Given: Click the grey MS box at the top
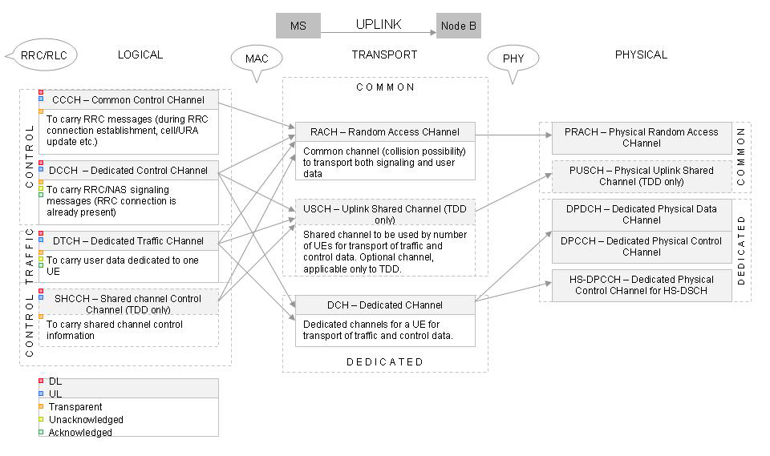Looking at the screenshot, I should [x=298, y=26].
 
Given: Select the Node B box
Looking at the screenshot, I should [x=459, y=26].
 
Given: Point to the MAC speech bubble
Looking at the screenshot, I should [x=257, y=59].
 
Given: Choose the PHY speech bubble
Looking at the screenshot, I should [x=513, y=59].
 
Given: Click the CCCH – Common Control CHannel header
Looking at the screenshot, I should [x=128, y=100].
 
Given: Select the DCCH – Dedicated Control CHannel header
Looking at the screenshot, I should [x=128, y=170].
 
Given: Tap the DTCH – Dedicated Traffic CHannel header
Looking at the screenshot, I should [x=128, y=240].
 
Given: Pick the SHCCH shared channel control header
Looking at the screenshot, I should [x=128, y=303].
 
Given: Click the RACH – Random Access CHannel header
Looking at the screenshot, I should [x=385, y=132].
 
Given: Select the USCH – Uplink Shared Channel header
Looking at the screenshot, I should [x=385, y=214].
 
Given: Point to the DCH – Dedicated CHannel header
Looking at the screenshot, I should [x=385, y=305].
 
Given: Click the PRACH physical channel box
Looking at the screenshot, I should [x=641, y=138].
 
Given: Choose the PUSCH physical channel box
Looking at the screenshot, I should [x=641, y=176].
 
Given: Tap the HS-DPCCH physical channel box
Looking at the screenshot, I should [x=641, y=284].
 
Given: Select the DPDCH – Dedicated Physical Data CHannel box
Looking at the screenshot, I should [x=641, y=214].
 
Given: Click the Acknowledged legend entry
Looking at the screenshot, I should [x=80, y=433].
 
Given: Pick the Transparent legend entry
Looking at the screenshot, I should [x=75, y=407].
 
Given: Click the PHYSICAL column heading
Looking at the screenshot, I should [x=641, y=54].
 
